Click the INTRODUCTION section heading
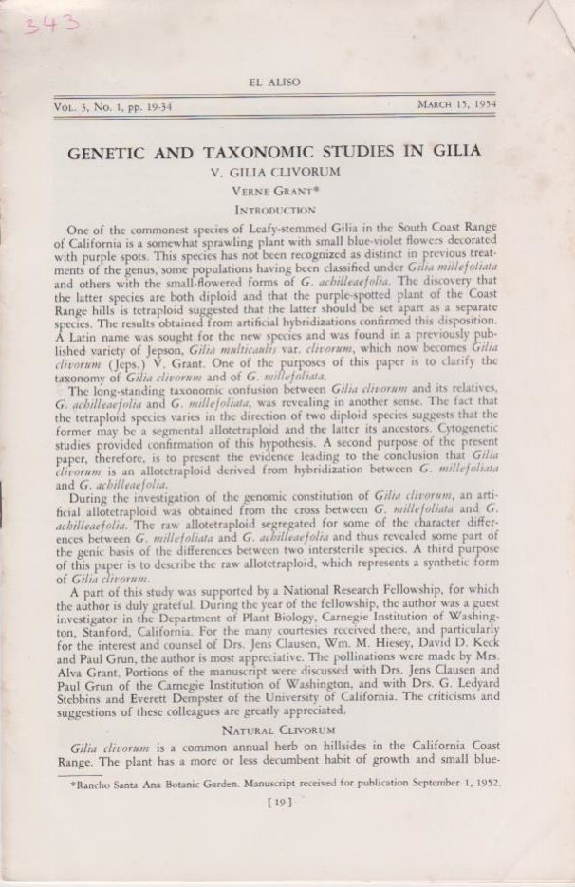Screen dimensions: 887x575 274,209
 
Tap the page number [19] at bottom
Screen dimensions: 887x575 279,803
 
